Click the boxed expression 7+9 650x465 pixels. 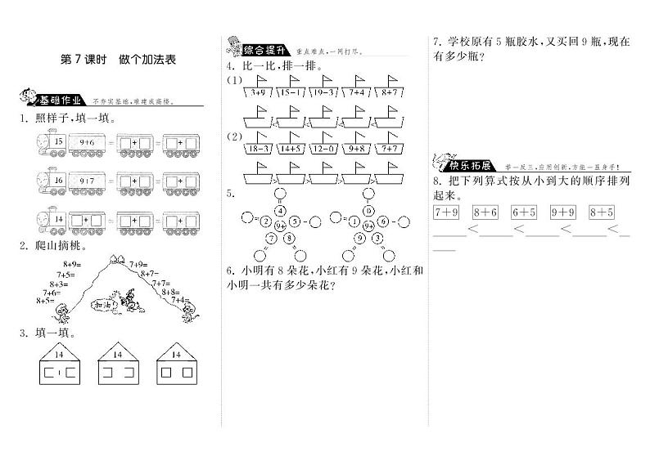445,213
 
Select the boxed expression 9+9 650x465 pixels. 563,213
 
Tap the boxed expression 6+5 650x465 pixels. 524,213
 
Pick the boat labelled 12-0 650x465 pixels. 322,148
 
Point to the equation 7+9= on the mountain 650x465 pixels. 137,262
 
